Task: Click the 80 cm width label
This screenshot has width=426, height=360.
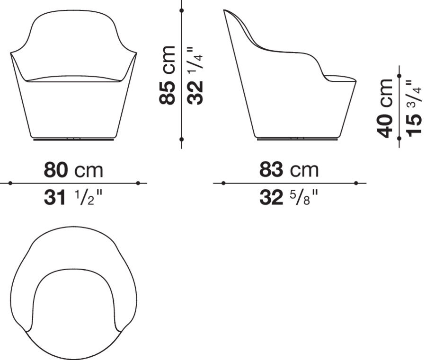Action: [x=73, y=170]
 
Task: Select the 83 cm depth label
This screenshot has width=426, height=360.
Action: [x=289, y=170]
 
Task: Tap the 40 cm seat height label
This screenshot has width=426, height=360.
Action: [x=385, y=108]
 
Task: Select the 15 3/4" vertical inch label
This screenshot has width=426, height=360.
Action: [x=413, y=108]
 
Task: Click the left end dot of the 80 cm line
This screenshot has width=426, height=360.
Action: [x=10, y=183]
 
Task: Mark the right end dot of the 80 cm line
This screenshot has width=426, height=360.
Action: [x=138, y=183]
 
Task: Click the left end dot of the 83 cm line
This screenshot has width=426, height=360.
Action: [x=223, y=183]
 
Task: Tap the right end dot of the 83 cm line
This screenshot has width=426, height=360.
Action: [x=356, y=183]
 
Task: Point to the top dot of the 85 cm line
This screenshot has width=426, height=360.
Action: [x=182, y=9]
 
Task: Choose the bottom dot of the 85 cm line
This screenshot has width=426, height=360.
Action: [x=182, y=139]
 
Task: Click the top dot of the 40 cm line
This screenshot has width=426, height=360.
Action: [x=399, y=75]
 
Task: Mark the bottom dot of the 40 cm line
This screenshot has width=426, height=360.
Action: [x=399, y=138]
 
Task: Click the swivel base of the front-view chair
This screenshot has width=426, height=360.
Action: [x=73, y=140]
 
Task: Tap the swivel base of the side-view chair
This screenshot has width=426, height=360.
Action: [x=296, y=138]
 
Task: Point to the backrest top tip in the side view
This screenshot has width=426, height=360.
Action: [x=225, y=11]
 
